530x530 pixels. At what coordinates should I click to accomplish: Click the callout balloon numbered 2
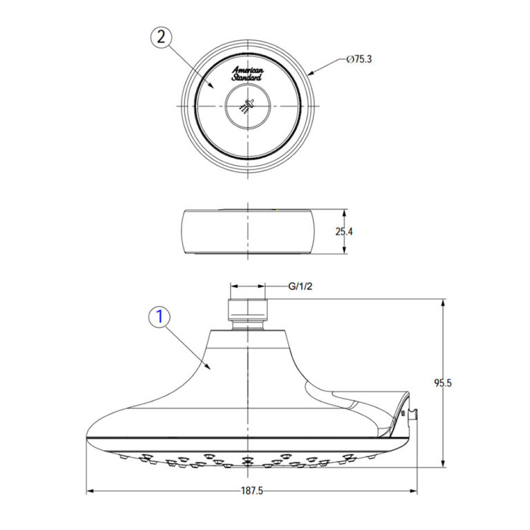coord(161,38)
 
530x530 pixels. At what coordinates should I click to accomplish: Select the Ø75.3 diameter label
coord(361,60)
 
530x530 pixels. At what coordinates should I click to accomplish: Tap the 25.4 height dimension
coord(344,232)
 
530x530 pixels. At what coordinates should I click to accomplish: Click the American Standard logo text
coord(246,74)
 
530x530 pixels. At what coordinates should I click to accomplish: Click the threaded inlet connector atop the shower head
coord(247,313)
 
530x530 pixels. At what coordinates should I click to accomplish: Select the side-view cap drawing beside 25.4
coord(247,231)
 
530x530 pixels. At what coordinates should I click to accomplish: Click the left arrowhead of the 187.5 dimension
coord(90,491)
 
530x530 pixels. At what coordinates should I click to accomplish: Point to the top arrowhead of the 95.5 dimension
coord(443,302)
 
